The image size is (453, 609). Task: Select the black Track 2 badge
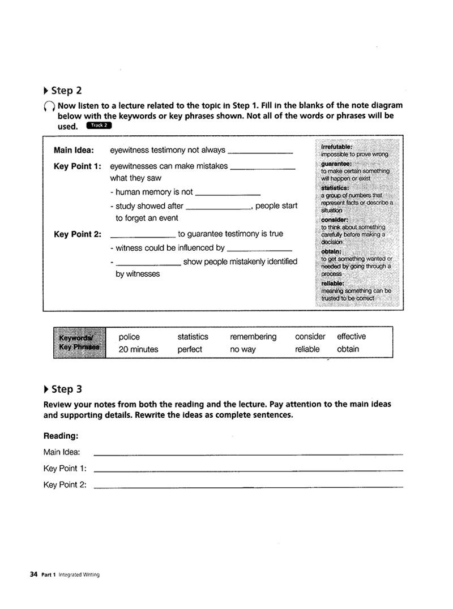(99, 126)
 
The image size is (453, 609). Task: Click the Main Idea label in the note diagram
(74, 151)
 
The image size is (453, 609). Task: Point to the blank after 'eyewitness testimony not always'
(260, 152)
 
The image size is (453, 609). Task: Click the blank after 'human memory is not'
(228, 193)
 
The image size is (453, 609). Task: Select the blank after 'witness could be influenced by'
(259, 249)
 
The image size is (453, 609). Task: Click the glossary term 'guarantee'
(336, 164)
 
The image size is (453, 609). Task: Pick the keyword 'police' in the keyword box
(129, 337)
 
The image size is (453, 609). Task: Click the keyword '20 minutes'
(138, 350)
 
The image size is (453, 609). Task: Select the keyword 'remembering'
(253, 337)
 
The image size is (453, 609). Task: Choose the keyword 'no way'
(243, 350)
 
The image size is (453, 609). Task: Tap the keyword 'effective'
(351, 337)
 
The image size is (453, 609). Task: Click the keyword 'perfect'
(190, 350)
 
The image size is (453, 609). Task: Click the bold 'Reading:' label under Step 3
(61, 436)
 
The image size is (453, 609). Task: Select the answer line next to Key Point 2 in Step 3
(248, 486)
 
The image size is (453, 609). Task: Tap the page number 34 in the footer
(33, 574)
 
